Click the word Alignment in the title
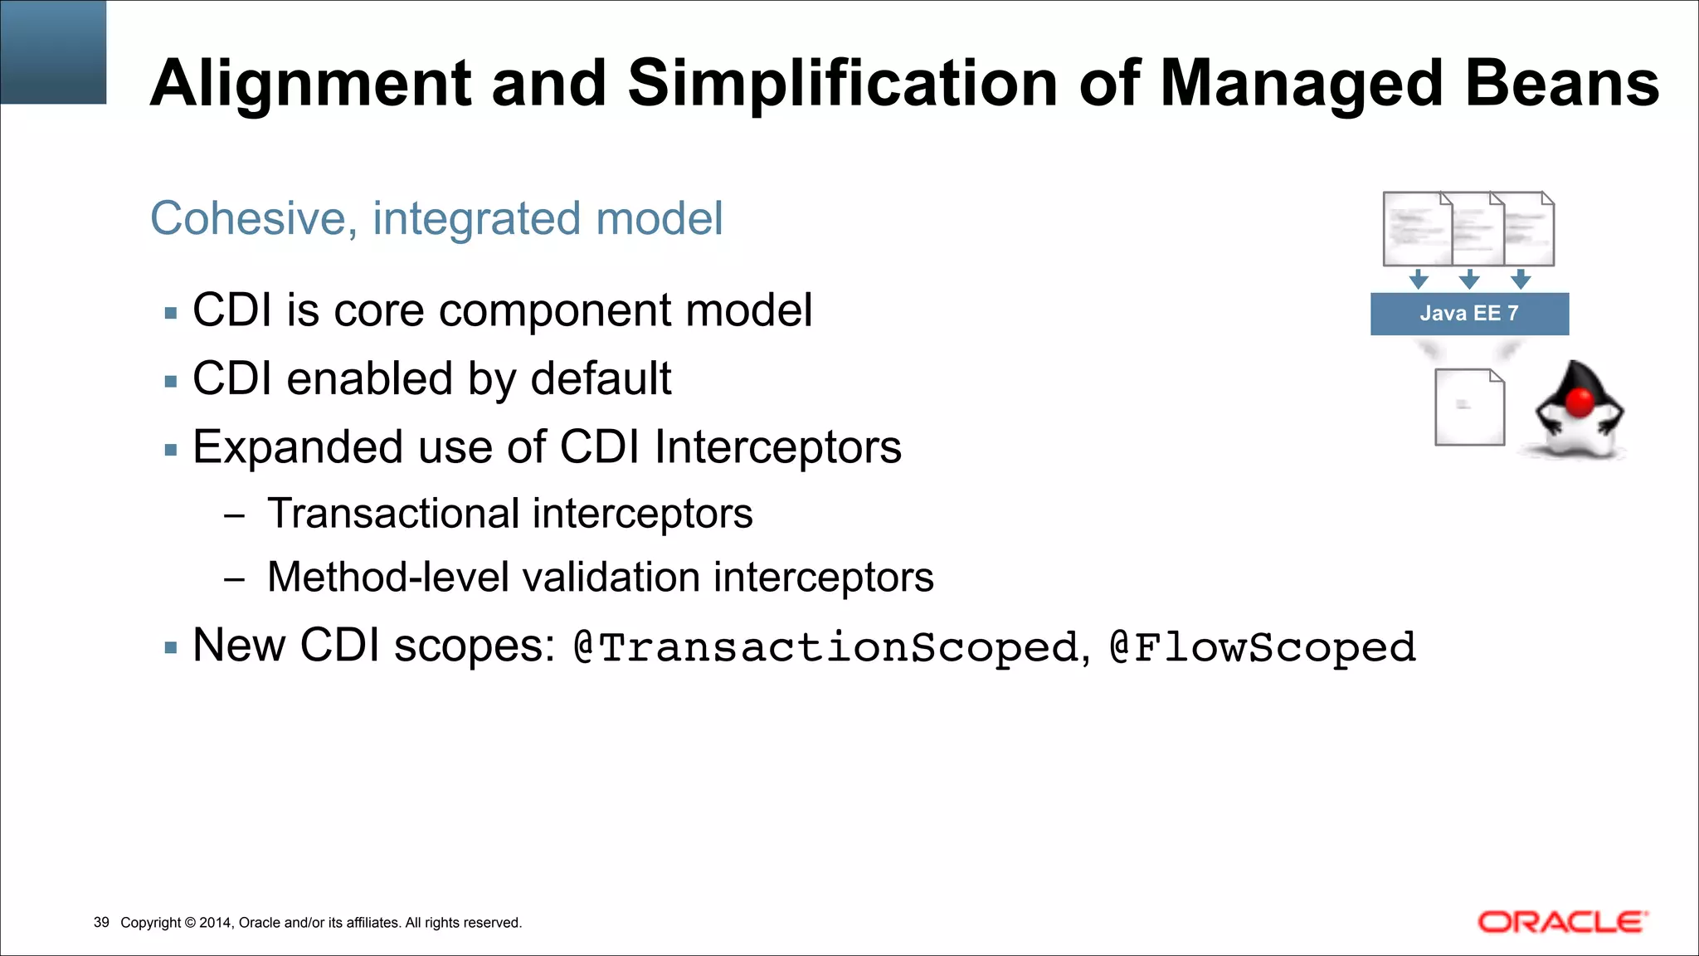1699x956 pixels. [x=310, y=85]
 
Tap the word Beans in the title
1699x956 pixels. [x=1561, y=85]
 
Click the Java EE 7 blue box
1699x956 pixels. [x=1469, y=314]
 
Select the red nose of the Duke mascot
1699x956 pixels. [x=1581, y=402]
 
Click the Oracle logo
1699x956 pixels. [x=1562, y=922]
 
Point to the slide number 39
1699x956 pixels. [x=101, y=922]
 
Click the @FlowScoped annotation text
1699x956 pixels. [x=1263, y=647]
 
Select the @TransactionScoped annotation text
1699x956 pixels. [x=825, y=647]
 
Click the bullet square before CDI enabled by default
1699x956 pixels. [x=171, y=382]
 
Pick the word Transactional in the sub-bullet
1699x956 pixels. [x=392, y=513]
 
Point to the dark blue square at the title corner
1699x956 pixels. [x=53, y=51]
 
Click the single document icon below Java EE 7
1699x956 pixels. [x=1469, y=407]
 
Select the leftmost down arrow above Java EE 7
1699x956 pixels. [x=1419, y=279]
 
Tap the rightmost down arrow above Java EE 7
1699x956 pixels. [x=1521, y=279]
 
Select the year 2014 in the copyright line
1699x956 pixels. [x=216, y=922]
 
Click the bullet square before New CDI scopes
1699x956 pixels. [x=171, y=648]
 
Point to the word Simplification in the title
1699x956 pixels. [x=842, y=85]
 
